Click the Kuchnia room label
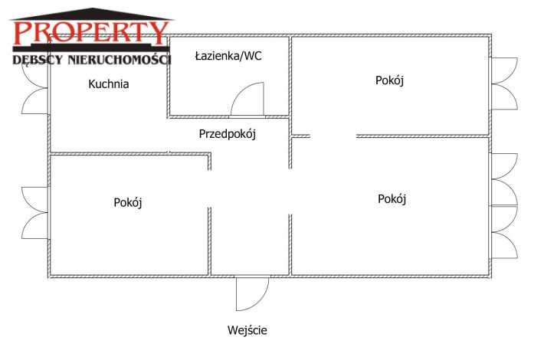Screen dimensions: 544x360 [x=109, y=84]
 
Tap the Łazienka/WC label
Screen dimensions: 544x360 [x=228, y=56]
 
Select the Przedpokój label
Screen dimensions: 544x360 [x=228, y=134]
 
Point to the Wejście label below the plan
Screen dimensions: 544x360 [x=247, y=330]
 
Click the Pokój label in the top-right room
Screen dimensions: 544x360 [x=389, y=80]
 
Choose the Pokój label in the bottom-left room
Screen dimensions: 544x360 [x=128, y=202]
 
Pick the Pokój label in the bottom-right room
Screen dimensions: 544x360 [x=392, y=199]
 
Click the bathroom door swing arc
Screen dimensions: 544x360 [x=247, y=99]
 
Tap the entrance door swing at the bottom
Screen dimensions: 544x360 [x=252, y=293]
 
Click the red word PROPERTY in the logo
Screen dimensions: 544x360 [x=91, y=33]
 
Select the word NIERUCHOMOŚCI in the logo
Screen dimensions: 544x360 [x=120, y=60]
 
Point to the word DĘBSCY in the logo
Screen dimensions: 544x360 [x=38, y=60]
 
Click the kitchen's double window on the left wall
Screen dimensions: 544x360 [x=34, y=88]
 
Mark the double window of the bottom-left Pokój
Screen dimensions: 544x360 [x=34, y=213]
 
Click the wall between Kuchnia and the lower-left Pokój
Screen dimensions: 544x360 [x=129, y=153]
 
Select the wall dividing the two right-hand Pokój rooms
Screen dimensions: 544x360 [x=423, y=136]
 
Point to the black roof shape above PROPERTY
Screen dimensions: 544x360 [x=92, y=15]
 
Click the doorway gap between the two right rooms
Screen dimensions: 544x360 [x=333, y=136]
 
